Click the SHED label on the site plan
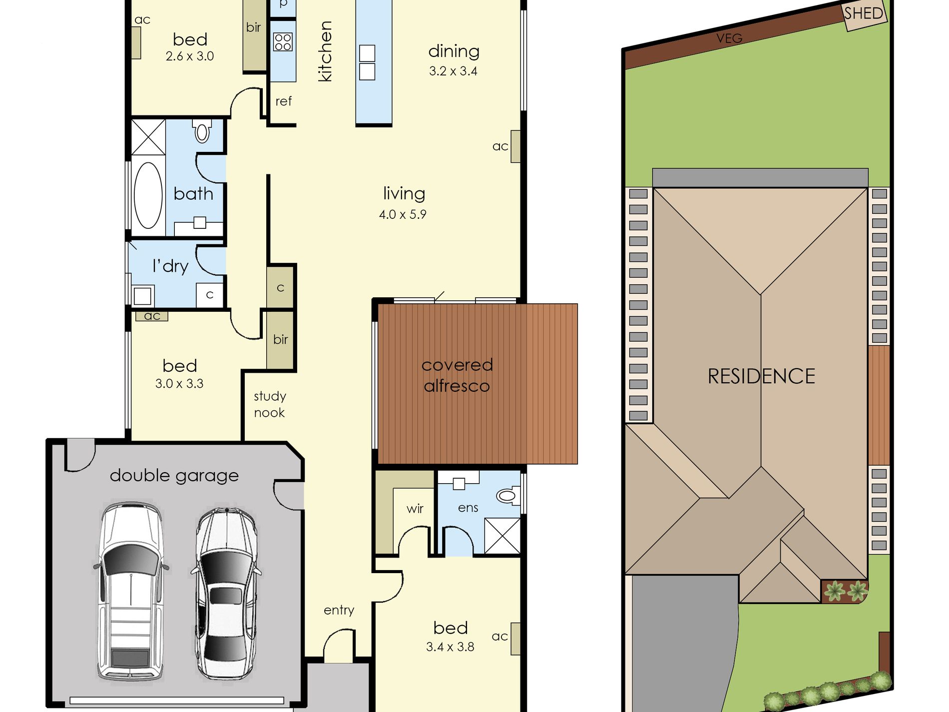pos(864,13)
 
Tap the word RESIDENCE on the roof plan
pos(761,376)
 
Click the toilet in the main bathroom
pos(202,130)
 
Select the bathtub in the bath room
pos(148,195)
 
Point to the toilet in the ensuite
pos(507,495)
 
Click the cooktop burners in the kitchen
pos(283,42)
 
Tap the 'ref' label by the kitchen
pos(283,101)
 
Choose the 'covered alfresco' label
pos(457,375)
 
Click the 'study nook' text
pos(270,404)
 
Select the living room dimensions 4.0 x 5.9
pos(403,214)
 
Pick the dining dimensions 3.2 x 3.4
pos(453,71)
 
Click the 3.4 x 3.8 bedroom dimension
pos(450,647)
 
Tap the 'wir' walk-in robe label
pos(415,509)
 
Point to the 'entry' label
pos(339,610)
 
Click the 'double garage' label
pos(174,476)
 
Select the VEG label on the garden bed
pos(729,38)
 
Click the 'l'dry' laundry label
pos(170,266)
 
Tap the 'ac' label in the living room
pos(500,146)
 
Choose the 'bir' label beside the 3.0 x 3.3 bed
pos(281,339)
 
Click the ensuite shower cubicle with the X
pos(502,536)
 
